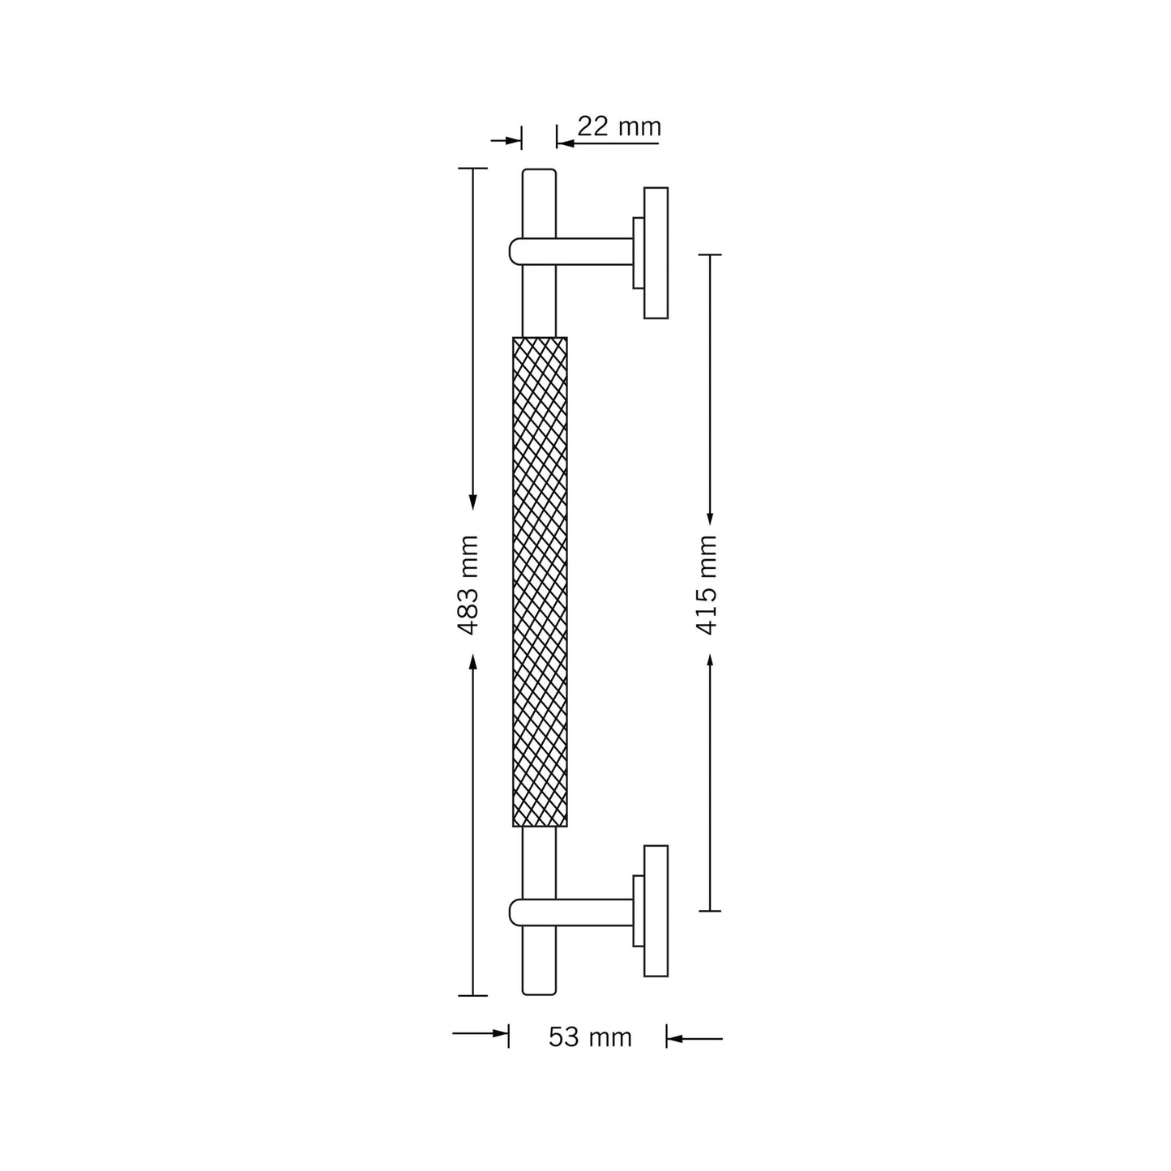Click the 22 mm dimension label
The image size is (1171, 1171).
tap(618, 126)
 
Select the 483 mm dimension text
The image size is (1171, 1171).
tap(468, 585)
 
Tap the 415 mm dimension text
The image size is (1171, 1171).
tap(707, 585)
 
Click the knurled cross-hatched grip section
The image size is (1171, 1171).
tap(540, 582)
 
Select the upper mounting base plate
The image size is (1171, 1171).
tap(656, 253)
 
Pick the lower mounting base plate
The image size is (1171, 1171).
tap(656, 911)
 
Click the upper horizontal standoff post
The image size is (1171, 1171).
tap(571, 251)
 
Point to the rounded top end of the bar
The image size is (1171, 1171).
tap(539, 171)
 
